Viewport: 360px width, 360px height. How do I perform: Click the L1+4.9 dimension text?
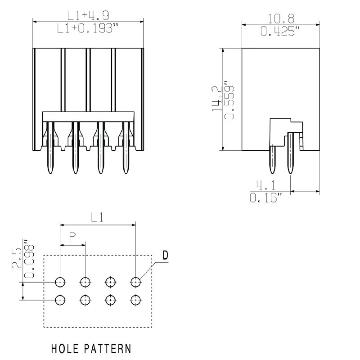coord(88,15)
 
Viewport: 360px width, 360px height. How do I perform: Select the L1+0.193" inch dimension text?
coord(87,28)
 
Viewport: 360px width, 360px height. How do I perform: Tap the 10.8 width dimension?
coord(281,18)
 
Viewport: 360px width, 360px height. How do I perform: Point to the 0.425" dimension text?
coord(280,31)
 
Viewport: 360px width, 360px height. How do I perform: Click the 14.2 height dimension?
coord(216,99)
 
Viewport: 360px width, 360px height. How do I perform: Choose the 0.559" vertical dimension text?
coord(229,100)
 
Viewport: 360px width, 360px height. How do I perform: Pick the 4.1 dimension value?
coord(266,185)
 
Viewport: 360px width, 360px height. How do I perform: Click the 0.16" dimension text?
coord(266,198)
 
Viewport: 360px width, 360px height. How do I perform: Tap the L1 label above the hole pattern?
coord(97,217)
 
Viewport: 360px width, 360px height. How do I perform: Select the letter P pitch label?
coord(72,237)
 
